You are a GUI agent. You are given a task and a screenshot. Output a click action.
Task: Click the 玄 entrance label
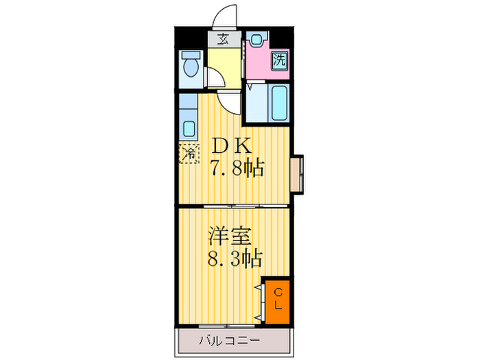click(x=224, y=39)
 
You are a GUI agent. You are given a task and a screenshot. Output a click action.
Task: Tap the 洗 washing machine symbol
click(x=278, y=60)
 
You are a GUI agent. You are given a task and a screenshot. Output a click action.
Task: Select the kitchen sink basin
click(x=187, y=127)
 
